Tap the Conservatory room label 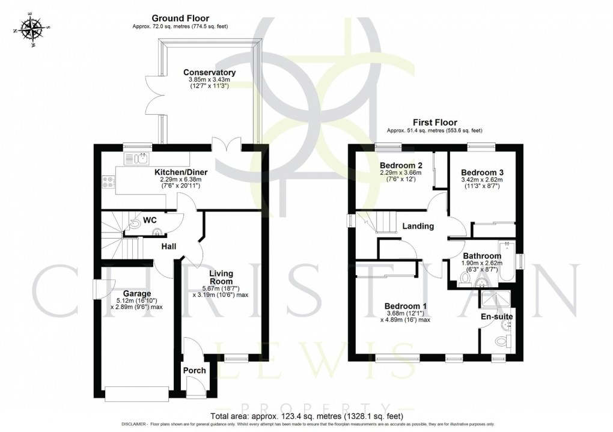(x=209, y=73)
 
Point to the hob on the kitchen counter (x=108, y=181)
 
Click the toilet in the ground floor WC (x=136, y=225)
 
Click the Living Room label (x=221, y=278)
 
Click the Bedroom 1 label (x=406, y=306)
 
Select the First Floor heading (x=435, y=123)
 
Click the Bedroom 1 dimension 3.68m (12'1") (x=406, y=314)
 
